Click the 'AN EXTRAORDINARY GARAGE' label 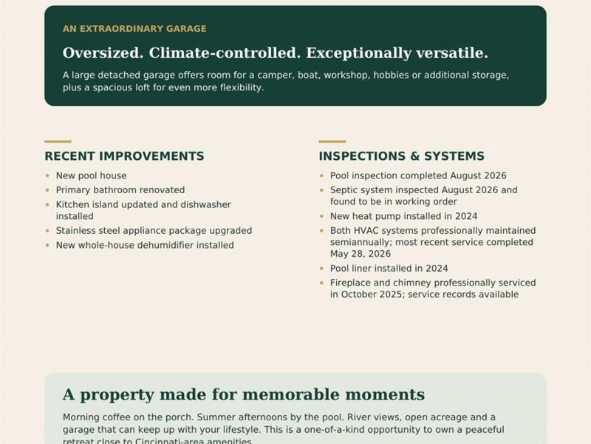(134, 29)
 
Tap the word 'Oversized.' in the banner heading (103, 53)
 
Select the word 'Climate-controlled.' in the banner (225, 53)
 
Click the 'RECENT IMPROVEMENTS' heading (124, 156)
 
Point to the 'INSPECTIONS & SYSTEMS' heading (401, 156)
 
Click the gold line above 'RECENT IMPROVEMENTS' (58, 141)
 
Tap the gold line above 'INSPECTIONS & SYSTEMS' (332, 141)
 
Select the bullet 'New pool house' (91, 175)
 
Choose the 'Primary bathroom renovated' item (120, 190)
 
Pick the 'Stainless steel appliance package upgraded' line (154, 231)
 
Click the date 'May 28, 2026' (361, 254)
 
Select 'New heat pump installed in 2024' (403, 216)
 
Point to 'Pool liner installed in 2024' (389, 269)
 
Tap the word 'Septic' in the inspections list (345, 190)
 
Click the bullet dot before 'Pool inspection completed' (321, 175)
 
